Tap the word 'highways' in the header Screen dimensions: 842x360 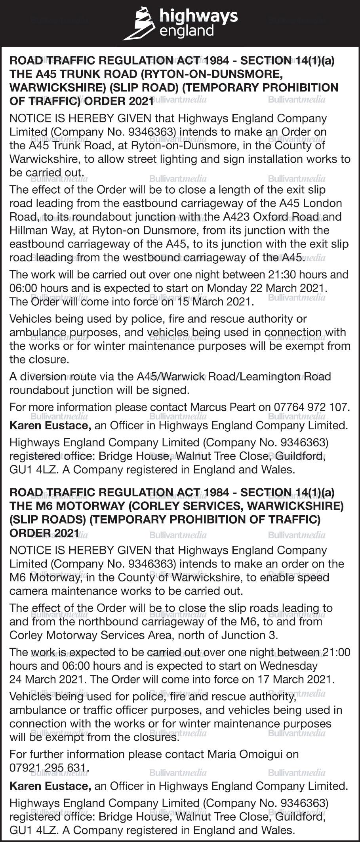click(x=198, y=16)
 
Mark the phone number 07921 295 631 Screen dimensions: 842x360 click(x=48, y=768)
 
